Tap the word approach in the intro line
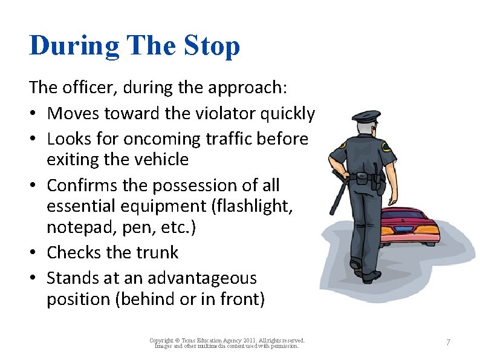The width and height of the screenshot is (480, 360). pyautogui.click(x=244, y=88)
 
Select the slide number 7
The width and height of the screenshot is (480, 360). pyautogui.click(x=448, y=342)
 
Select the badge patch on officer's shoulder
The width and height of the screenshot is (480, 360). pyautogui.click(x=386, y=146)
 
